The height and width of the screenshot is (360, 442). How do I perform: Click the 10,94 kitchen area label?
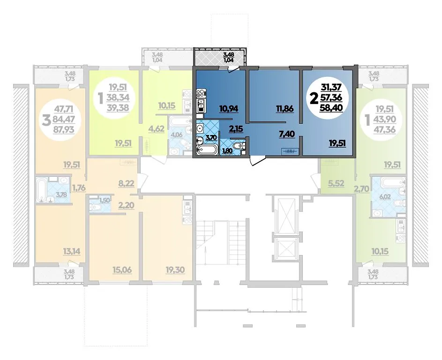click(x=229, y=108)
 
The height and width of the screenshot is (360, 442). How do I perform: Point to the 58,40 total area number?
click(x=331, y=107)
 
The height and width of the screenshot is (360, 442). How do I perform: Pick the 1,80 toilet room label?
click(x=227, y=151)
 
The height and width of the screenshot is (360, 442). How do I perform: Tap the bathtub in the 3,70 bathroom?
click(x=207, y=150)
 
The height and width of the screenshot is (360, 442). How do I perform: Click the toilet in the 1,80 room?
click(x=240, y=145)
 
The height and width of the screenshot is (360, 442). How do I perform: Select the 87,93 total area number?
click(x=64, y=129)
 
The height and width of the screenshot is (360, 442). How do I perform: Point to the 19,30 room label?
click(x=175, y=270)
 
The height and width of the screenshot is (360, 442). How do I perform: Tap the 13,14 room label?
click(x=71, y=251)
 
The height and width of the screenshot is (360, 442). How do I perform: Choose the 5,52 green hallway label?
click(x=336, y=184)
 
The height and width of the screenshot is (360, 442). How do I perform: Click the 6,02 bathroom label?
click(x=385, y=196)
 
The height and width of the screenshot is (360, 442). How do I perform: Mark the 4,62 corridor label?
click(x=157, y=129)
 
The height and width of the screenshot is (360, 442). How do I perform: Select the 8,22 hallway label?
click(x=126, y=184)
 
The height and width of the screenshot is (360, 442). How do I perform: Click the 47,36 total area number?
click(x=384, y=129)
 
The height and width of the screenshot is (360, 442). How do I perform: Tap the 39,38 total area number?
click(x=118, y=107)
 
